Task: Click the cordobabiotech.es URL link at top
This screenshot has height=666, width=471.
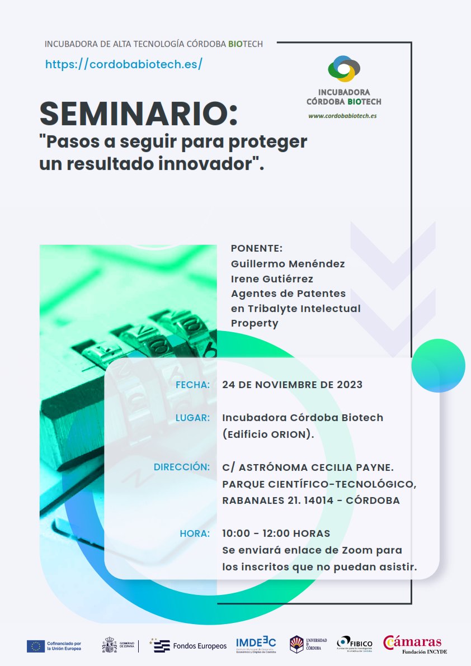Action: click(123, 64)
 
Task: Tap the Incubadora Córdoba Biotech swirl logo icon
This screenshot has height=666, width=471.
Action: click(343, 69)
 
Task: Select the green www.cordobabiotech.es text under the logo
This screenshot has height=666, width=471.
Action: click(342, 116)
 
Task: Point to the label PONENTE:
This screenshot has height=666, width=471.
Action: click(257, 248)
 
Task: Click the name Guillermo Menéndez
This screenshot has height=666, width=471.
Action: click(288, 263)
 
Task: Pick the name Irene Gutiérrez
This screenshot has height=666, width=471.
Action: click(272, 278)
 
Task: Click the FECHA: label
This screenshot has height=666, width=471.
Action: click(192, 385)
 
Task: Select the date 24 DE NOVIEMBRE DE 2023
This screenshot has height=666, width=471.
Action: click(292, 385)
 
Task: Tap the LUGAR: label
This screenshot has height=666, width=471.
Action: click(192, 418)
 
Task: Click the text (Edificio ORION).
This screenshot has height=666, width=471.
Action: click(267, 434)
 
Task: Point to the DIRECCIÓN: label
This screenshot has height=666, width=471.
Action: click(182, 467)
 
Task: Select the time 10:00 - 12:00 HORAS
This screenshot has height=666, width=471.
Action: click(276, 533)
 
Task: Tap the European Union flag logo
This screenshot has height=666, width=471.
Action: click(36, 646)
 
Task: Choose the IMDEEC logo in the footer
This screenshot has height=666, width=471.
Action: click(256, 645)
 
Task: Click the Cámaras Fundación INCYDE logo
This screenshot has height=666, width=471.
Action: click(414, 644)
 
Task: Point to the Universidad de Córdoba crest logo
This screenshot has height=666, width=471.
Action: click(296, 644)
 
